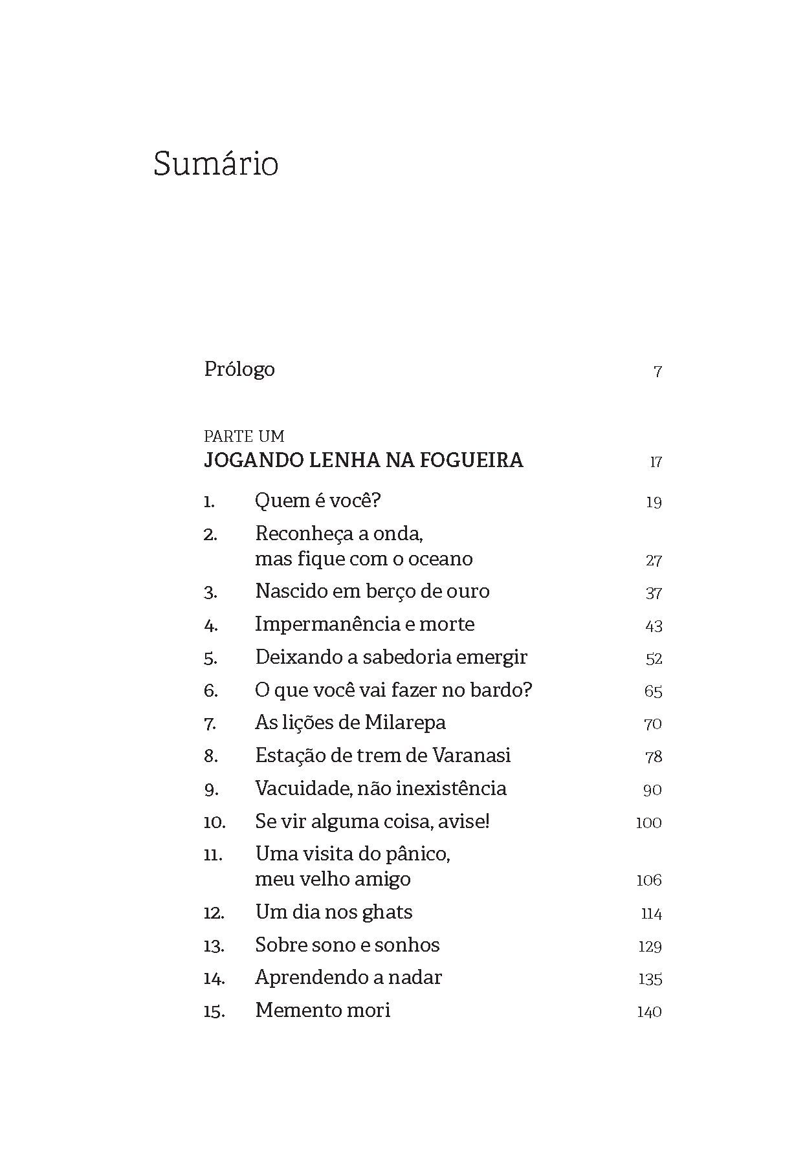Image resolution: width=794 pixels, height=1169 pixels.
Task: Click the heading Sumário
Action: tap(216, 163)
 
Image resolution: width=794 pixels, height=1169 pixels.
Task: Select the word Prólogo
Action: tap(239, 369)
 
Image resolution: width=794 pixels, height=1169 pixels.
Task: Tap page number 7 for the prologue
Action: tap(657, 372)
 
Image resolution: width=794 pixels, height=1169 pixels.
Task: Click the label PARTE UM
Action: tap(244, 436)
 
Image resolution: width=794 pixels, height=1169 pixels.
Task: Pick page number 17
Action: tap(656, 462)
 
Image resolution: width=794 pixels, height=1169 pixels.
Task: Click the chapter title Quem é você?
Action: tap(318, 501)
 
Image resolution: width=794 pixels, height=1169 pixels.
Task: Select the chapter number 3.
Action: tap(210, 593)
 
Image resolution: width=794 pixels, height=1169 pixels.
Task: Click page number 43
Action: tap(654, 626)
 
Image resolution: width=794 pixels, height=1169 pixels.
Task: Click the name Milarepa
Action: tap(405, 723)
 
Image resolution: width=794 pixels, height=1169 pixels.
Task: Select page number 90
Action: tap(652, 790)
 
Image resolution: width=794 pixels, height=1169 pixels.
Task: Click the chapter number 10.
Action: tap(214, 823)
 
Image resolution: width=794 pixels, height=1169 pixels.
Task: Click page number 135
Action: tap(650, 979)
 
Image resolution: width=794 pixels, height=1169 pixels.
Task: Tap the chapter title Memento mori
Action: tap(323, 1011)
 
